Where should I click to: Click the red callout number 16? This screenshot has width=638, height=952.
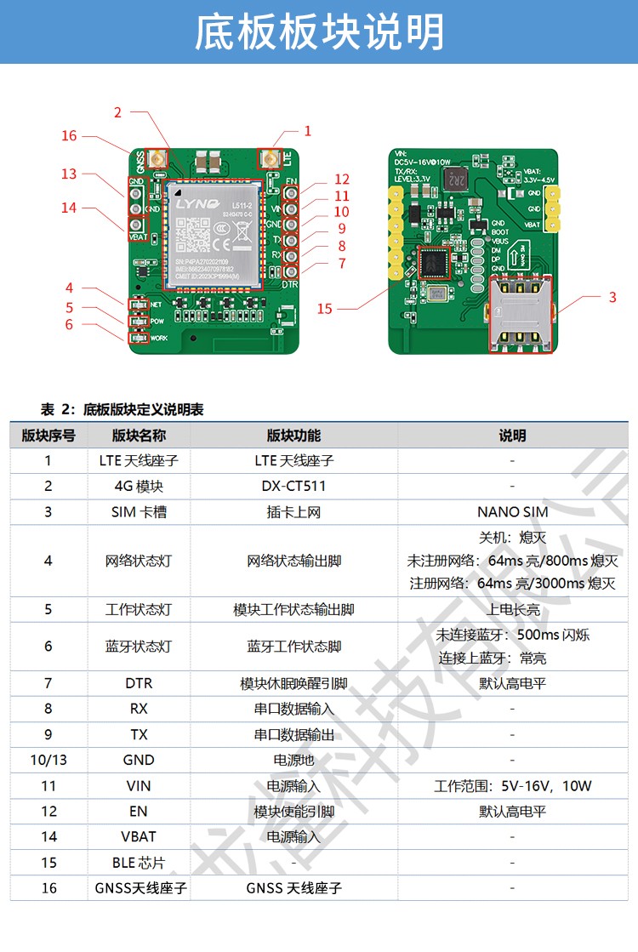(x=69, y=136)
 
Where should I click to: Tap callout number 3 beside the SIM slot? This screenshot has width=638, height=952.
(x=612, y=298)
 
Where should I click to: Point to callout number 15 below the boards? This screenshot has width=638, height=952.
(x=325, y=309)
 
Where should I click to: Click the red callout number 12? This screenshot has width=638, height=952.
(x=342, y=180)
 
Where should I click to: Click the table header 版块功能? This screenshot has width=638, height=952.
(x=293, y=436)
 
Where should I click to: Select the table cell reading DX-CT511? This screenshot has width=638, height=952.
(x=293, y=486)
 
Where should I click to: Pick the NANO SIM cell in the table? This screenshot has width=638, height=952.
(x=512, y=511)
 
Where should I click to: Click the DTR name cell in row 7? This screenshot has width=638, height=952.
(x=139, y=683)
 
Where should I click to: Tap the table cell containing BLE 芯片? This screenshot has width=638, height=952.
(x=139, y=863)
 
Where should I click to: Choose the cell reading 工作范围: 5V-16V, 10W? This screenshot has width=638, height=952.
(x=512, y=785)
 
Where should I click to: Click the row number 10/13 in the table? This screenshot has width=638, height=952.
(x=48, y=760)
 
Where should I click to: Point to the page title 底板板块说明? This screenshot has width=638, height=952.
(x=319, y=32)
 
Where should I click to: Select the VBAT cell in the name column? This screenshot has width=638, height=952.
(x=139, y=836)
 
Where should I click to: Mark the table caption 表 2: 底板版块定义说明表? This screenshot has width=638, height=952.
(x=122, y=410)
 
